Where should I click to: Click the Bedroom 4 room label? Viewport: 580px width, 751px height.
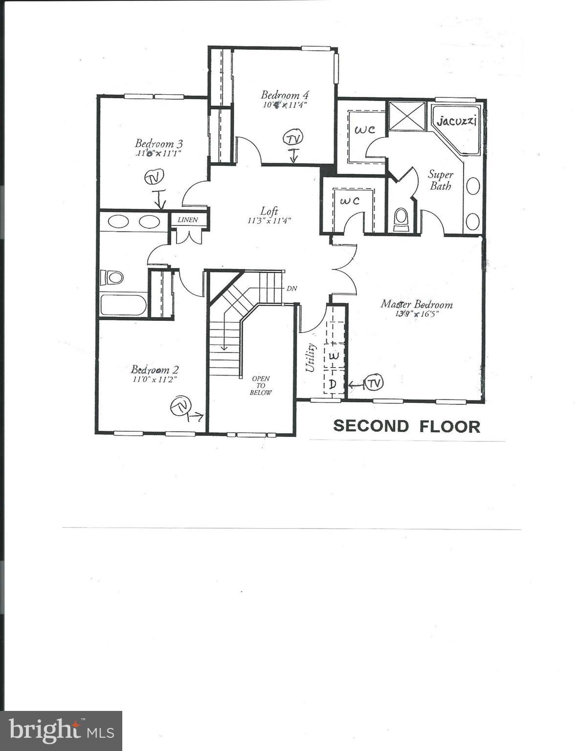click(285, 95)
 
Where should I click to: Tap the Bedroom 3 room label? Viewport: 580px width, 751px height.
click(159, 143)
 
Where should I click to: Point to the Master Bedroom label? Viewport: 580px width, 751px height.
click(417, 304)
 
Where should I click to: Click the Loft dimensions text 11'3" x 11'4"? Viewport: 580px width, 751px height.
click(269, 221)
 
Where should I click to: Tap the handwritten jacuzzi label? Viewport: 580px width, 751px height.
click(456, 121)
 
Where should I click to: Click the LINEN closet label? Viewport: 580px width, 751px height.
click(188, 220)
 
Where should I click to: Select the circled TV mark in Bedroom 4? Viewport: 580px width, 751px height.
click(292, 138)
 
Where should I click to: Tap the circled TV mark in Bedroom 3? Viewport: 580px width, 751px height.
click(154, 177)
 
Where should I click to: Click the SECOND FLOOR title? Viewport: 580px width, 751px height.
click(406, 426)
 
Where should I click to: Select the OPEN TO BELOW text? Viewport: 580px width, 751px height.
click(261, 385)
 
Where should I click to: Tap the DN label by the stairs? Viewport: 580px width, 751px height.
click(291, 288)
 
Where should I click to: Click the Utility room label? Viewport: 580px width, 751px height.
click(311, 358)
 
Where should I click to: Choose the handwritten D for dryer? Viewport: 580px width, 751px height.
click(333, 384)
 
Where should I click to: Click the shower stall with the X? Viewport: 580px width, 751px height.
click(407, 116)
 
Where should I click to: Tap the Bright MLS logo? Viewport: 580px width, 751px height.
click(61, 730)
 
